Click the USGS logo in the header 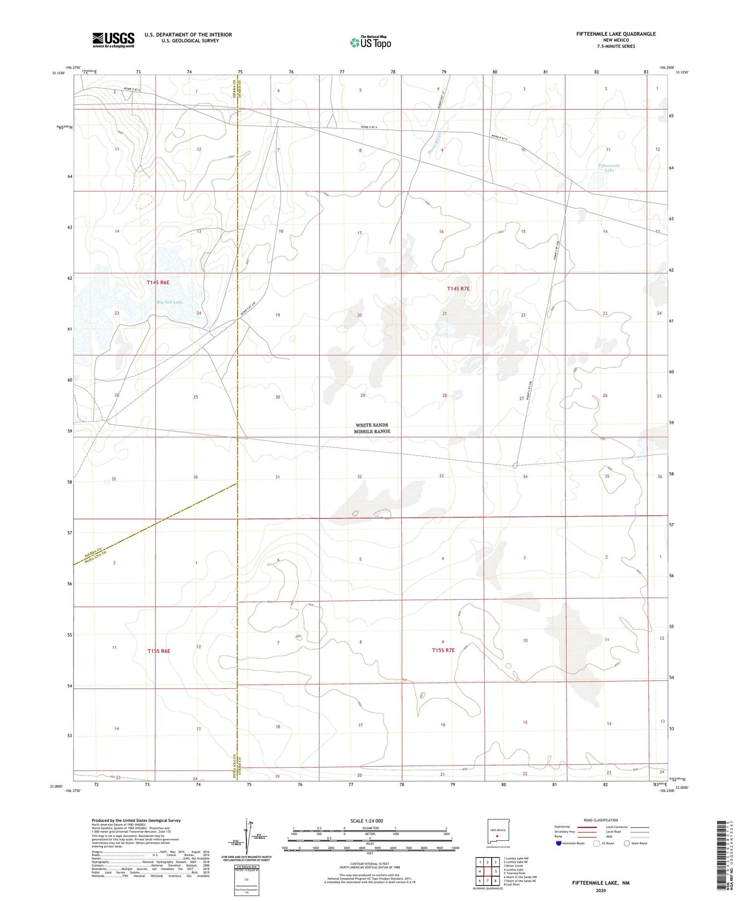[113, 40]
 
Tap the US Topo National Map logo [370, 42]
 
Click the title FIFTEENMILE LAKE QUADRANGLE [616, 34]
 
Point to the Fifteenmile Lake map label [609, 168]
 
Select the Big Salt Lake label [170, 302]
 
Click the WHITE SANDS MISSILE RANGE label [372, 428]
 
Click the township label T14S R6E [158, 283]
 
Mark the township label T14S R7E [458, 289]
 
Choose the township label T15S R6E [159, 651]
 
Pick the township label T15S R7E [443, 651]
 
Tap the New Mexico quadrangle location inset [497, 832]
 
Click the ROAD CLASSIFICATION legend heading [601, 820]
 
